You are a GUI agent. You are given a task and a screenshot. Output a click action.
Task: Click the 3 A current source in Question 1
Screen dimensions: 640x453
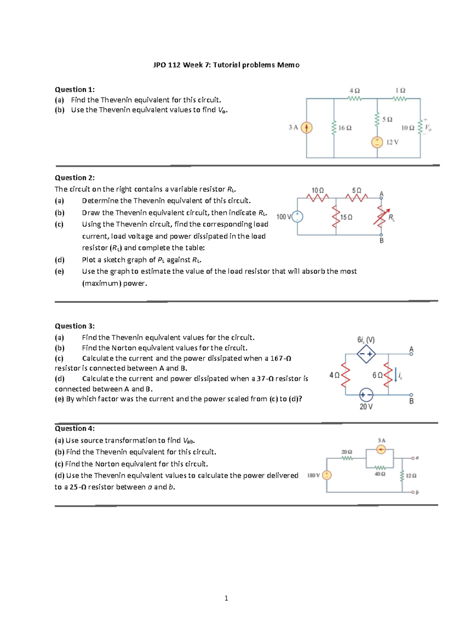[307, 128]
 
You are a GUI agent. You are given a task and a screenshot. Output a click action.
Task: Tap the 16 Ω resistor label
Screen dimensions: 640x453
[345, 128]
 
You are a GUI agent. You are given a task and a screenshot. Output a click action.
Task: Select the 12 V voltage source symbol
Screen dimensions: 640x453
[377, 142]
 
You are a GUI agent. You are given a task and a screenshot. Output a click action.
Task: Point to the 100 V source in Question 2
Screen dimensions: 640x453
[297, 217]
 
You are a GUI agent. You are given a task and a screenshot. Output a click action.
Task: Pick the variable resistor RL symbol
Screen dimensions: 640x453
[381, 217]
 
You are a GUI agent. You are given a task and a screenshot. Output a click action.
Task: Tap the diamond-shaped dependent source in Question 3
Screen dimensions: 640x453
[366, 354]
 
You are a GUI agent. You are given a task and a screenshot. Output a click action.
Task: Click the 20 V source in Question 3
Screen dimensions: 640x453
[366, 395]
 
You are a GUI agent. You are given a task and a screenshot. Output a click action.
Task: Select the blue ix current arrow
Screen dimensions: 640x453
[395, 375]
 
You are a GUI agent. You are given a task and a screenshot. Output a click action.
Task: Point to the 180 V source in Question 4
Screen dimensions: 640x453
[327, 475]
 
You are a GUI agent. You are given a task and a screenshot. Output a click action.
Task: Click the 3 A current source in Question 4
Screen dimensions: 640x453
[381, 449]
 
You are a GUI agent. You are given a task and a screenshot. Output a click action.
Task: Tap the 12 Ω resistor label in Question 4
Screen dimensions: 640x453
[411, 476]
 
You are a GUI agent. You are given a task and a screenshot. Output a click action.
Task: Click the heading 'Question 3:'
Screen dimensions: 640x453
[75, 326]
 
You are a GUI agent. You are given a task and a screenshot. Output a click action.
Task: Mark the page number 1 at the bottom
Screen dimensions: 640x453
[226, 598]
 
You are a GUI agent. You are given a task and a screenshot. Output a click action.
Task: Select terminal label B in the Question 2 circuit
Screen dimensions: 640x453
[381, 241]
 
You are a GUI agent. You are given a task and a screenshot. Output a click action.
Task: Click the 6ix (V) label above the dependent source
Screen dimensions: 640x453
[366, 340]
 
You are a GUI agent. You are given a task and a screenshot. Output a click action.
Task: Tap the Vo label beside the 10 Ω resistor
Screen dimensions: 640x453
[428, 128]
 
